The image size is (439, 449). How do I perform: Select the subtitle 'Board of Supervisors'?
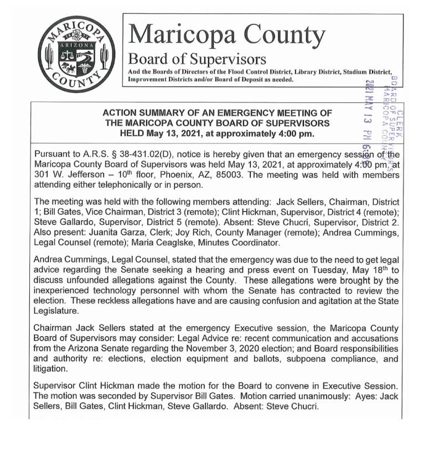point(197,59)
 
